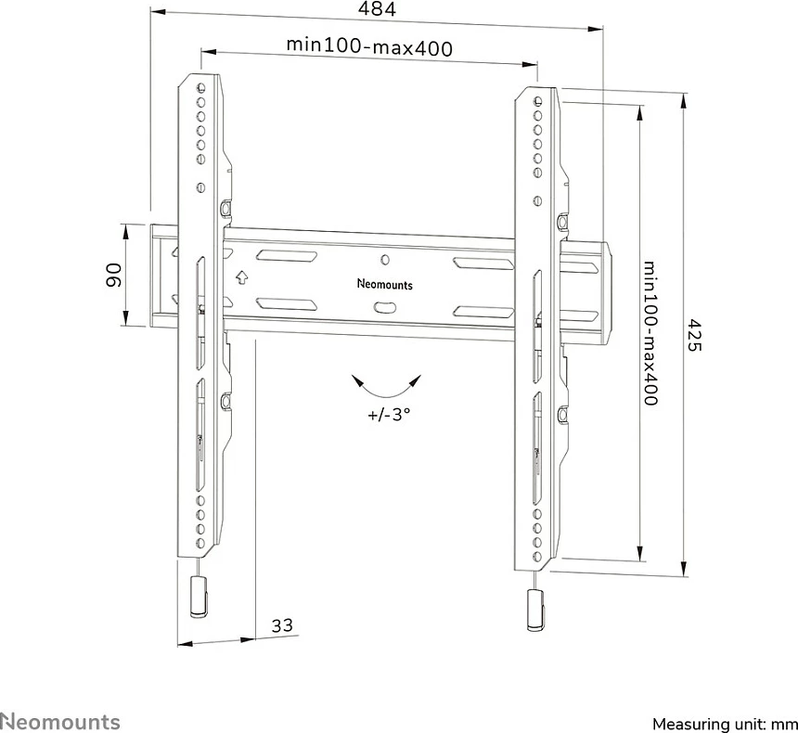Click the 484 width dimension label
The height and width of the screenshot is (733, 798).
(x=377, y=8)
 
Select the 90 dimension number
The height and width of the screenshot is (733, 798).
(x=114, y=275)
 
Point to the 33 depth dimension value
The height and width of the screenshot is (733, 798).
(x=282, y=624)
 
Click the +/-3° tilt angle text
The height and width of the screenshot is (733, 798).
(x=389, y=415)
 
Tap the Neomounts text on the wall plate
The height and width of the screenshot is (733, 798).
(x=385, y=284)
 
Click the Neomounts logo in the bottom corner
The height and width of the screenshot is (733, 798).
(x=60, y=722)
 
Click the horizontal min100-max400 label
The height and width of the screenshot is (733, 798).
(x=369, y=46)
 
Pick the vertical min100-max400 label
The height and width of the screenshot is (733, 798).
(x=650, y=333)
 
